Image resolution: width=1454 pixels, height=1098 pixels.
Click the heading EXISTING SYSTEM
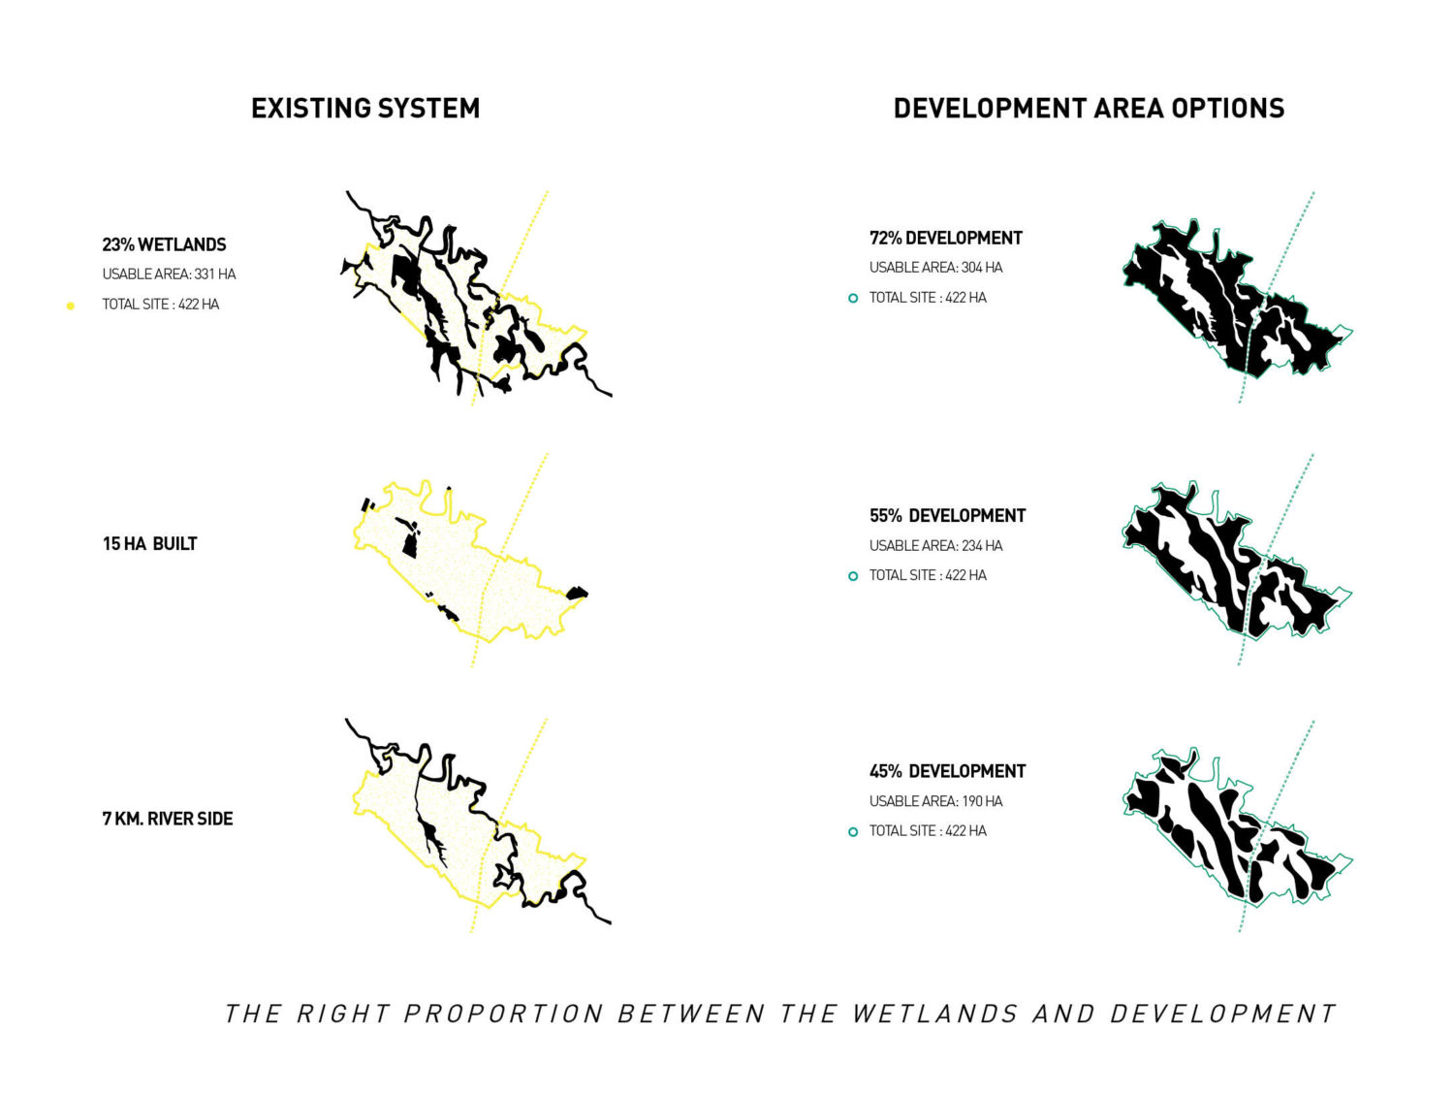click(x=365, y=108)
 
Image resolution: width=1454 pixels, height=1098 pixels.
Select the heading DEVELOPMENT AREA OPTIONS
click(x=1089, y=108)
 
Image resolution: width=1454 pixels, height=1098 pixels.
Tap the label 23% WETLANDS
click(x=164, y=244)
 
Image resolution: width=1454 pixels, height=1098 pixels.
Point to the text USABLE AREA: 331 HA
click(x=169, y=274)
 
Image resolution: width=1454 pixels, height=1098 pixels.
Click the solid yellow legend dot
click(x=70, y=306)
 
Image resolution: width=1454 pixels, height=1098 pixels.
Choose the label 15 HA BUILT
click(x=149, y=544)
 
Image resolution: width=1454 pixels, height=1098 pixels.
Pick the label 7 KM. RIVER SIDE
click(x=168, y=819)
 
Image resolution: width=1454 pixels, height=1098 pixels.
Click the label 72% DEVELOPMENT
click(x=945, y=238)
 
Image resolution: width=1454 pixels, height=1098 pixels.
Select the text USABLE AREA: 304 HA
click(x=935, y=268)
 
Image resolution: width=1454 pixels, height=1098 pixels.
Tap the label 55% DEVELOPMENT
click(x=947, y=516)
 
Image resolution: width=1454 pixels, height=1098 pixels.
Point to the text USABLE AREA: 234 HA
click(x=935, y=546)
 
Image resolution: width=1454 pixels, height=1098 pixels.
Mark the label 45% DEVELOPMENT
click(x=947, y=771)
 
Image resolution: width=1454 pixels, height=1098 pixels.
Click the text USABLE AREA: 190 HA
click(x=935, y=801)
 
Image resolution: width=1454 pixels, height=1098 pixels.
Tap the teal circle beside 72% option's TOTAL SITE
click(x=852, y=298)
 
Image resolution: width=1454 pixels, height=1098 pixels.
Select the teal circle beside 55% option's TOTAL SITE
click(x=852, y=576)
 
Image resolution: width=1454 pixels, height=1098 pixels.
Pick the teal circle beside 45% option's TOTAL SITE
click(x=852, y=831)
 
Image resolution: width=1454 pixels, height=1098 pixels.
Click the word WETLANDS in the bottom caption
click(x=934, y=1015)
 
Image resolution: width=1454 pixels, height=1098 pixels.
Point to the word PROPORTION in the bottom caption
click(x=503, y=1015)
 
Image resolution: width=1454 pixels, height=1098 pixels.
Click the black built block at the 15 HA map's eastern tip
click(x=577, y=593)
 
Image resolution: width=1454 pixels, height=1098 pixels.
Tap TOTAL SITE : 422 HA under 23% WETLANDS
click(x=160, y=305)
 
